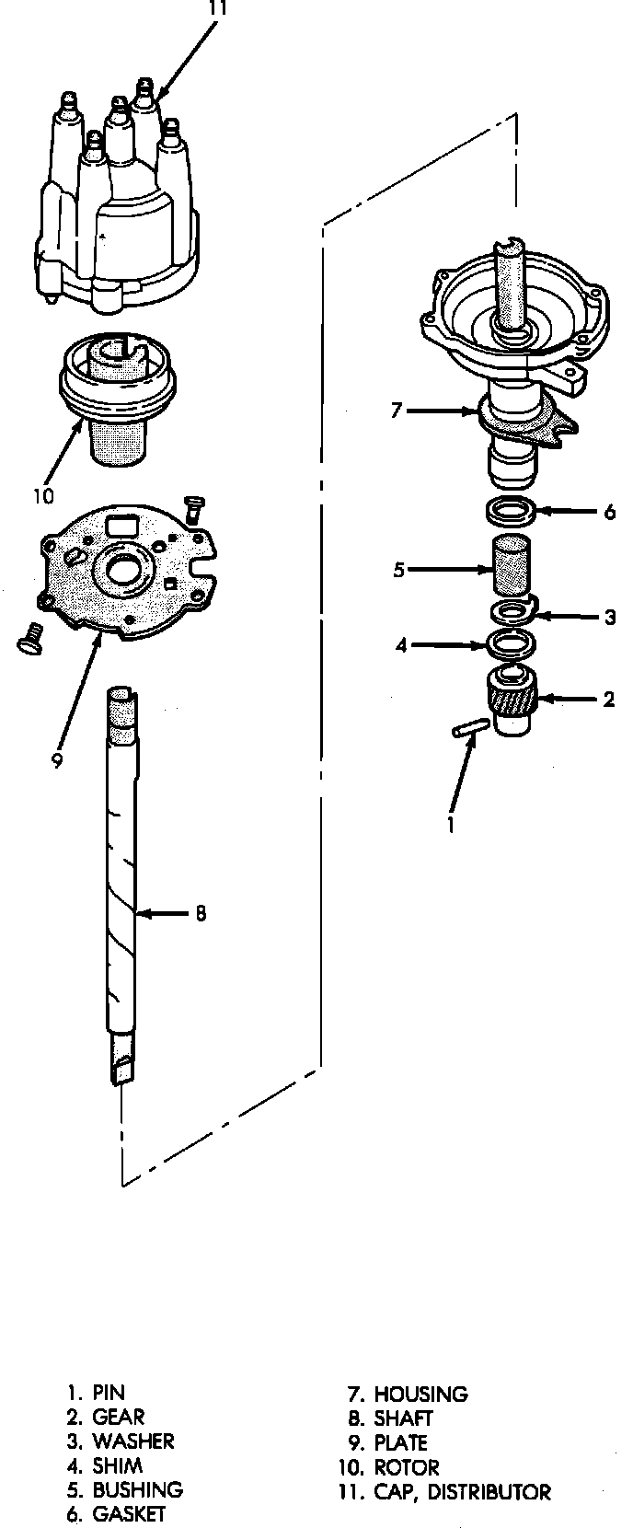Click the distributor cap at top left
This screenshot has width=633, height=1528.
(116, 204)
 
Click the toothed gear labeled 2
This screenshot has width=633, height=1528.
(513, 700)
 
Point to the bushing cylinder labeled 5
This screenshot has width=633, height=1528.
(511, 564)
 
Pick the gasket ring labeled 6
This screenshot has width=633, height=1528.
(512, 511)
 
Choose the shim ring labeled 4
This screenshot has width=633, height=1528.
(511, 643)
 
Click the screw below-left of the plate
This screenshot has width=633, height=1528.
(30, 638)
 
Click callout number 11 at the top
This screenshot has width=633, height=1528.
(217, 8)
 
